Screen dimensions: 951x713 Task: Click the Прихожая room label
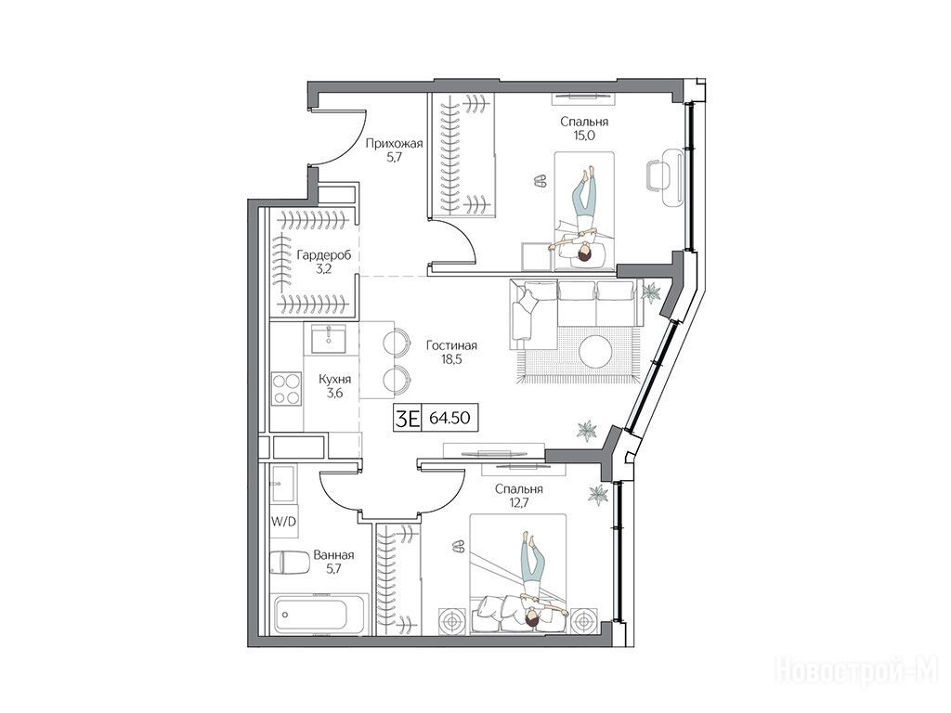click(x=394, y=144)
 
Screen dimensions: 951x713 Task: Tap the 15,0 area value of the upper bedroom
click(x=584, y=136)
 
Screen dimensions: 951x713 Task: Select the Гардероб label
click(x=323, y=256)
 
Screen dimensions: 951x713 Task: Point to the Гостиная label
click(x=451, y=345)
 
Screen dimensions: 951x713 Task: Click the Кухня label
click(x=334, y=380)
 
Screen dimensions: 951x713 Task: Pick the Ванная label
click(x=333, y=555)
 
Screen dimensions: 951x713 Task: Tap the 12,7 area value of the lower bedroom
click(x=518, y=502)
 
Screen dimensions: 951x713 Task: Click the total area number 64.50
click(x=449, y=418)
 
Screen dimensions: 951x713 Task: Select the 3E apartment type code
click(x=408, y=419)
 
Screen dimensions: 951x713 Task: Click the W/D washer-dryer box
click(x=284, y=522)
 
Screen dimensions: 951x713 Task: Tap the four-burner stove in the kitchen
click(x=286, y=389)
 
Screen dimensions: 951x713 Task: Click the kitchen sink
click(x=329, y=338)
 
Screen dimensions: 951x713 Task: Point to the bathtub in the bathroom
click(x=319, y=614)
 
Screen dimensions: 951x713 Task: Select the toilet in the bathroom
click(x=290, y=562)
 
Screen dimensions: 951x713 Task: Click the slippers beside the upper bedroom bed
click(x=540, y=179)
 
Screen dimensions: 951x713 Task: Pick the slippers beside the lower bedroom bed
click(x=459, y=547)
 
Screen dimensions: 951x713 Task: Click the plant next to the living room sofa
click(x=651, y=293)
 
